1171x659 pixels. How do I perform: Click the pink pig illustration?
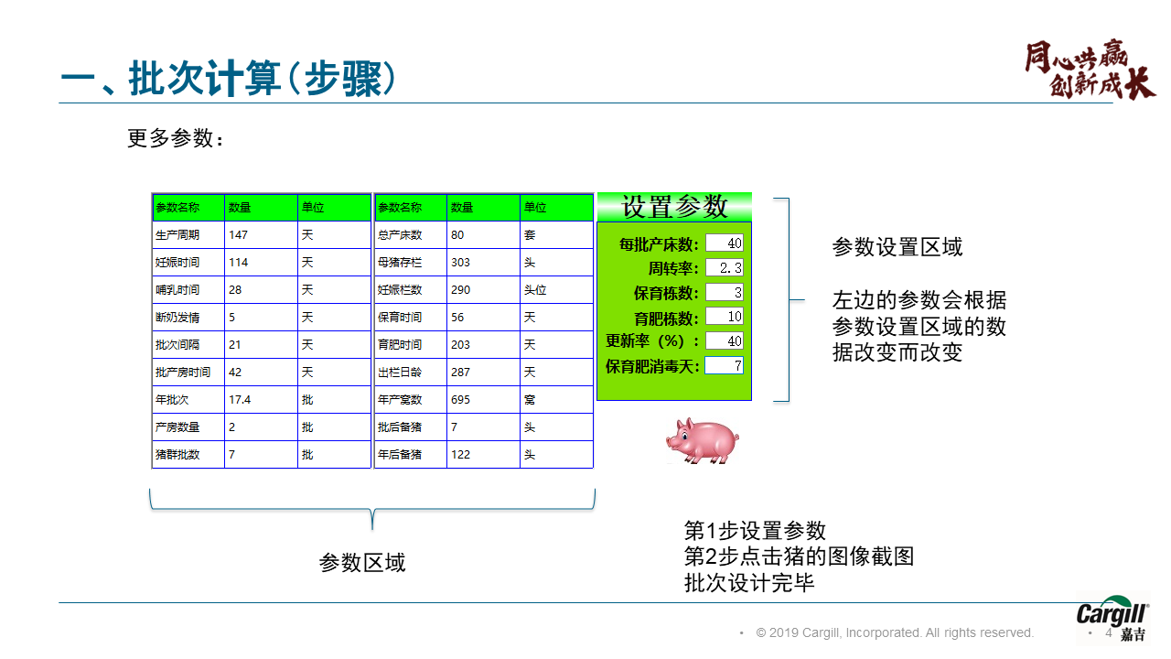click(x=703, y=440)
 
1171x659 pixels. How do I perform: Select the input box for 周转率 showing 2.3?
click(x=724, y=268)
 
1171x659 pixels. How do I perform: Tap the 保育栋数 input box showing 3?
click(x=724, y=292)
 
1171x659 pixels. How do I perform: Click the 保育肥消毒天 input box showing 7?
click(x=724, y=365)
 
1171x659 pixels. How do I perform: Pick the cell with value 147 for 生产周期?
click(x=261, y=235)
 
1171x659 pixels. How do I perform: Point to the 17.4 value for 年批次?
click(x=261, y=400)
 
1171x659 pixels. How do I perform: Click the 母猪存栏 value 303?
click(x=484, y=263)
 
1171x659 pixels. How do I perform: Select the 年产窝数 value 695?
click(x=484, y=400)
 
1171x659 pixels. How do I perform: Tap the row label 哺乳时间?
click(x=177, y=290)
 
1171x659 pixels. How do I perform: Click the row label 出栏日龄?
click(x=400, y=373)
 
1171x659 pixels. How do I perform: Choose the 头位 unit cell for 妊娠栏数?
click(x=557, y=290)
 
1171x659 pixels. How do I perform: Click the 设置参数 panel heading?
click(x=674, y=207)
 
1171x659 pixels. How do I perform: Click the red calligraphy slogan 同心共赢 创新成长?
click(x=1090, y=69)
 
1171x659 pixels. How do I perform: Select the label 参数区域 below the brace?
click(x=362, y=563)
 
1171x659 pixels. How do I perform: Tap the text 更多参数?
click(x=175, y=138)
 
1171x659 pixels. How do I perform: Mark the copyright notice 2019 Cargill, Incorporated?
click(x=895, y=632)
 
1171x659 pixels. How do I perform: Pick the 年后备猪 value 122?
click(x=484, y=455)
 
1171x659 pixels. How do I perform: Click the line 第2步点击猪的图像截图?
click(x=799, y=556)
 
